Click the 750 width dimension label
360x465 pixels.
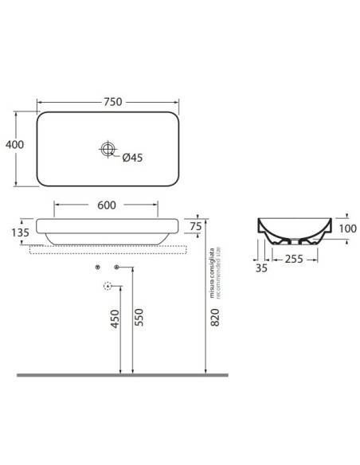pos(112,102)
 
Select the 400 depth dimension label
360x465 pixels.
pos(15,144)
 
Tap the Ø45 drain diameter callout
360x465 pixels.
pos(132,158)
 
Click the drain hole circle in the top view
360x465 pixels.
pos(108,149)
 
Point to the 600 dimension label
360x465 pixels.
pos(107,205)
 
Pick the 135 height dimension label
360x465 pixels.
pos(21,232)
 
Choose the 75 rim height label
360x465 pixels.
pos(196,226)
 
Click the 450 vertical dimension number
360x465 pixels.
pos(115,318)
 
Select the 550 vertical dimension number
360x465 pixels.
pos(139,318)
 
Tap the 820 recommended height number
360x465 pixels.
pos(215,318)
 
